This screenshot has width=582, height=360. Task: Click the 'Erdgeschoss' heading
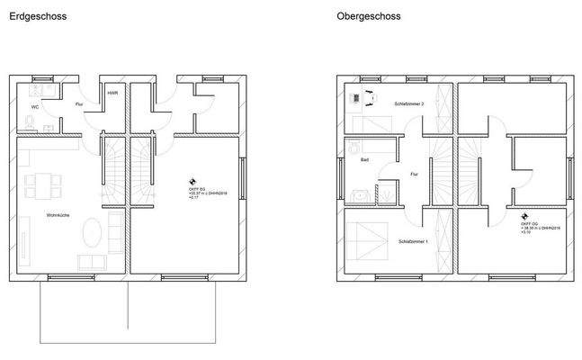click(37, 16)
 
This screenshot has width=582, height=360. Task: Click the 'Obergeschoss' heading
click(369, 16)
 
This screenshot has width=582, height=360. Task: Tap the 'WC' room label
click(34, 106)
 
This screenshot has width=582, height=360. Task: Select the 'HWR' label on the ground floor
click(112, 93)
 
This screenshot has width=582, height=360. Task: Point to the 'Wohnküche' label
click(59, 215)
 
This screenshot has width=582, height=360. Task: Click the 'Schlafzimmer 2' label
click(408, 103)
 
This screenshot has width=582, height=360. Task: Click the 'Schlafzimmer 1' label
click(413, 241)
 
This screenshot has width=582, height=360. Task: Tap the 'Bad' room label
click(364, 159)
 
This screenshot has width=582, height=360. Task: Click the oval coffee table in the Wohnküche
click(92, 238)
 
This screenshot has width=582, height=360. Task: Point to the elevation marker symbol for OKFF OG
click(524, 216)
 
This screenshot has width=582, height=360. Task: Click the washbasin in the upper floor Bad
click(358, 193)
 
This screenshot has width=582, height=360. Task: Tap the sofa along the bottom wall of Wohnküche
click(91, 262)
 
